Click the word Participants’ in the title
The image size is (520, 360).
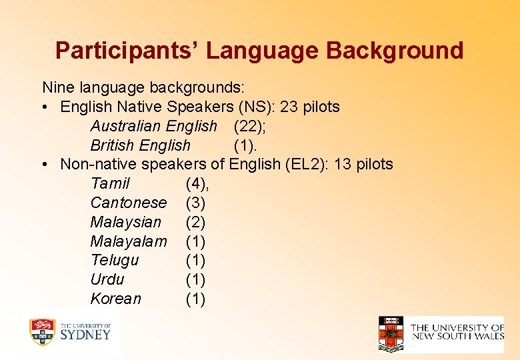click(x=107, y=51)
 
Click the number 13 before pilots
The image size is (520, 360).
click(x=344, y=164)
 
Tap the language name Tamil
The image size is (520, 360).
click(x=110, y=183)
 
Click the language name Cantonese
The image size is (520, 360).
click(x=129, y=203)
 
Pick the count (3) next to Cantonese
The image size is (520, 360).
click(x=195, y=203)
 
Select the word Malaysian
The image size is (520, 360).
click(x=126, y=222)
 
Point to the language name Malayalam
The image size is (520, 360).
click(x=129, y=241)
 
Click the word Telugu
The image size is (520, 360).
click(x=115, y=260)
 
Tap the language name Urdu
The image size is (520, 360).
click(x=107, y=279)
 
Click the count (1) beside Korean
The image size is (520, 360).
click(x=195, y=299)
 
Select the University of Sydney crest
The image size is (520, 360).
click(x=41, y=332)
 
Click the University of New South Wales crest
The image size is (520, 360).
click(x=391, y=333)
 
